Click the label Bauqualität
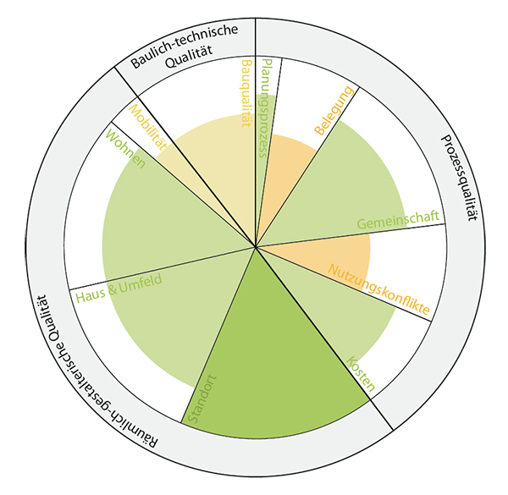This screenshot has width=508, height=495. [x=246, y=93]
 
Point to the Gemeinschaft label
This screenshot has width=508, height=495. [x=398, y=222]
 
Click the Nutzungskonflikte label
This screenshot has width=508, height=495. [x=378, y=290]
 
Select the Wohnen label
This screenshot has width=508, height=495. [x=126, y=148]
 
